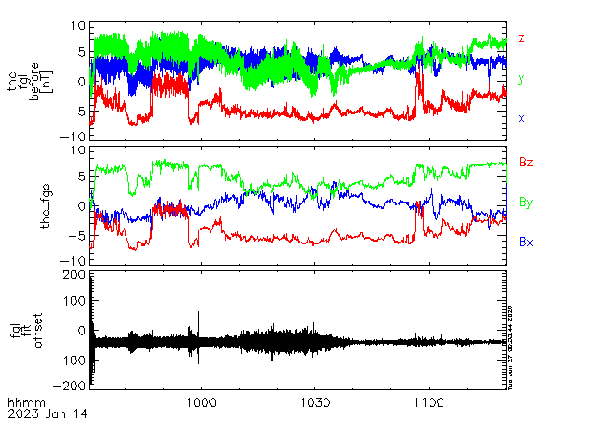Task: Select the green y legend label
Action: click(x=522, y=79)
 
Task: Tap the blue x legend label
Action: click(x=522, y=118)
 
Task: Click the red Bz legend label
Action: click(x=525, y=163)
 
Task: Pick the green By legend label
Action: click(x=525, y=202)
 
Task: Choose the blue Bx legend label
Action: click(x=525, y=242)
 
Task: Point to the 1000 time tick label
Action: click(x=201, y=402)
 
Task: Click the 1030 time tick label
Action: click(x=314, y=402)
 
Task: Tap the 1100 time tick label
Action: click(x=428, y=402)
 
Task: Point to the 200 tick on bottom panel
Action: click(x=73, y=276)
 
